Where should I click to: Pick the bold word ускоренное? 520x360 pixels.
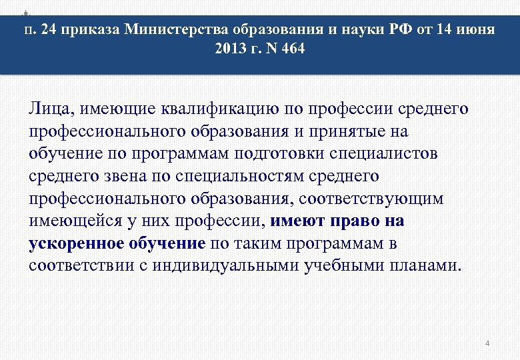(75, 243)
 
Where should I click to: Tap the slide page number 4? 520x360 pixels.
(487, 343)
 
